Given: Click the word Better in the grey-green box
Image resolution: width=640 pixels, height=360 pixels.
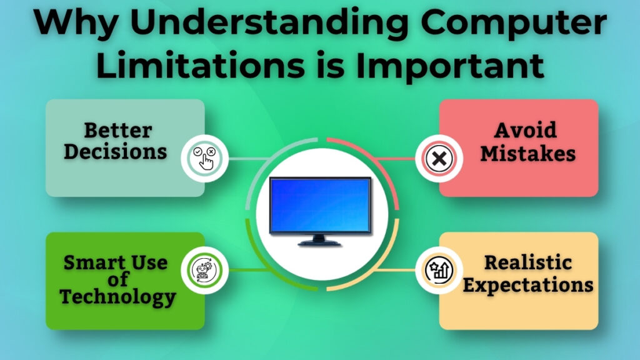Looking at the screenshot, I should coord(118,130).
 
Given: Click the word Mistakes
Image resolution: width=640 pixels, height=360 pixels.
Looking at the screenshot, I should coord(526,152).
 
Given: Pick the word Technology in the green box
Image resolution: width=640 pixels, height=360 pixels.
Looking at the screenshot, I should coord(117,297).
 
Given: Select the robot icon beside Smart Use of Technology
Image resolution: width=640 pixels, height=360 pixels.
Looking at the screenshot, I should coord(204,270).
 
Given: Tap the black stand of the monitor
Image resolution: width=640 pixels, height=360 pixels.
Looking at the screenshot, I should coord(319,240).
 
